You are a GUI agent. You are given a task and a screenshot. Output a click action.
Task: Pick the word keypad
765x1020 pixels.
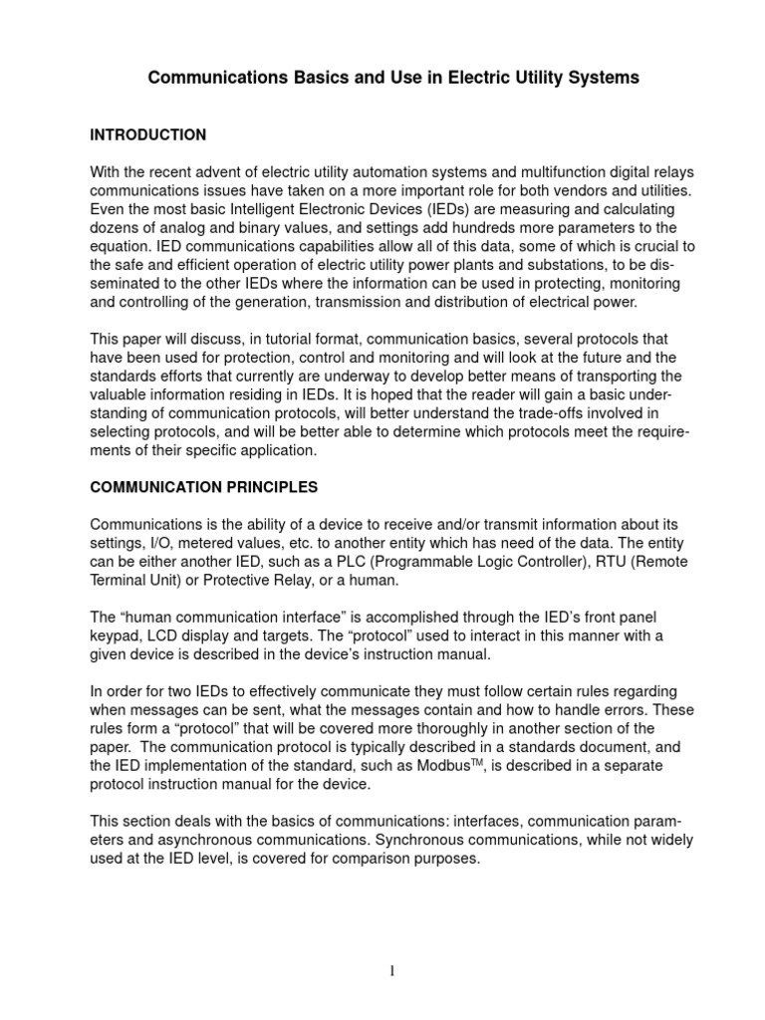tap(114, 635)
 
